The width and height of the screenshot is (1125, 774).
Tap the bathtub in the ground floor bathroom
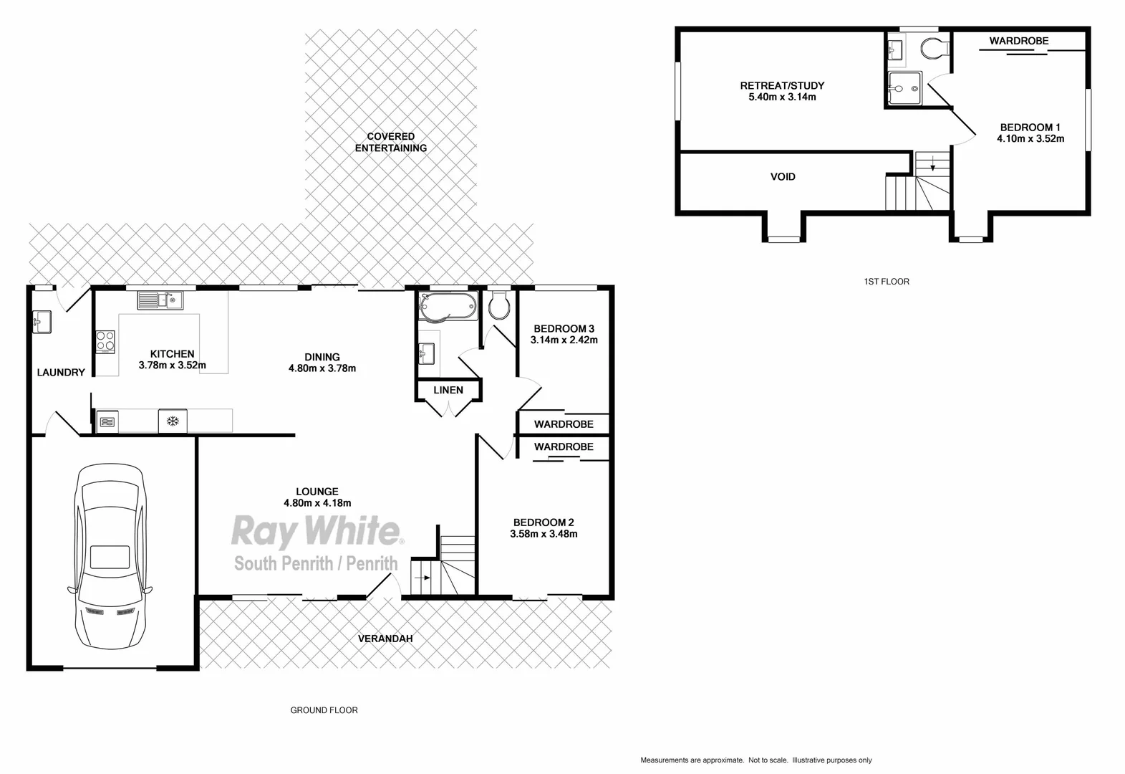click(448, 306)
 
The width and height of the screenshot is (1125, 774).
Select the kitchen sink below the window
click(160, 300)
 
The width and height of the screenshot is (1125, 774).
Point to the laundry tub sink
click(42, 322)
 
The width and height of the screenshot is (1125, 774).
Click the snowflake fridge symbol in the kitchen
click(173, 421)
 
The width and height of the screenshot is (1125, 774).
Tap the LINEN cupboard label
click(448, 390)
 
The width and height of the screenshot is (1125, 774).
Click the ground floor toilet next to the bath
click(498, 306)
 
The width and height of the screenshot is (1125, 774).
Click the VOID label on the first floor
click(783, 176)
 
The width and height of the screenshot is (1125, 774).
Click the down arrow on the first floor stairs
click(932, 166)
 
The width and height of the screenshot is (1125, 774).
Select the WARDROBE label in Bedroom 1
click(1018, 41)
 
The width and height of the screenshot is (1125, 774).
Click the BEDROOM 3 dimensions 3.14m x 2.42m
click(564, 340)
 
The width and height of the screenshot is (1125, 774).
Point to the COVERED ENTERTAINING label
click(391, 142)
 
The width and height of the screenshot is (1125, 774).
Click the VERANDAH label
click(385, 639)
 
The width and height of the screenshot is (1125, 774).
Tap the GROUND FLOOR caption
click(324, 710)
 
